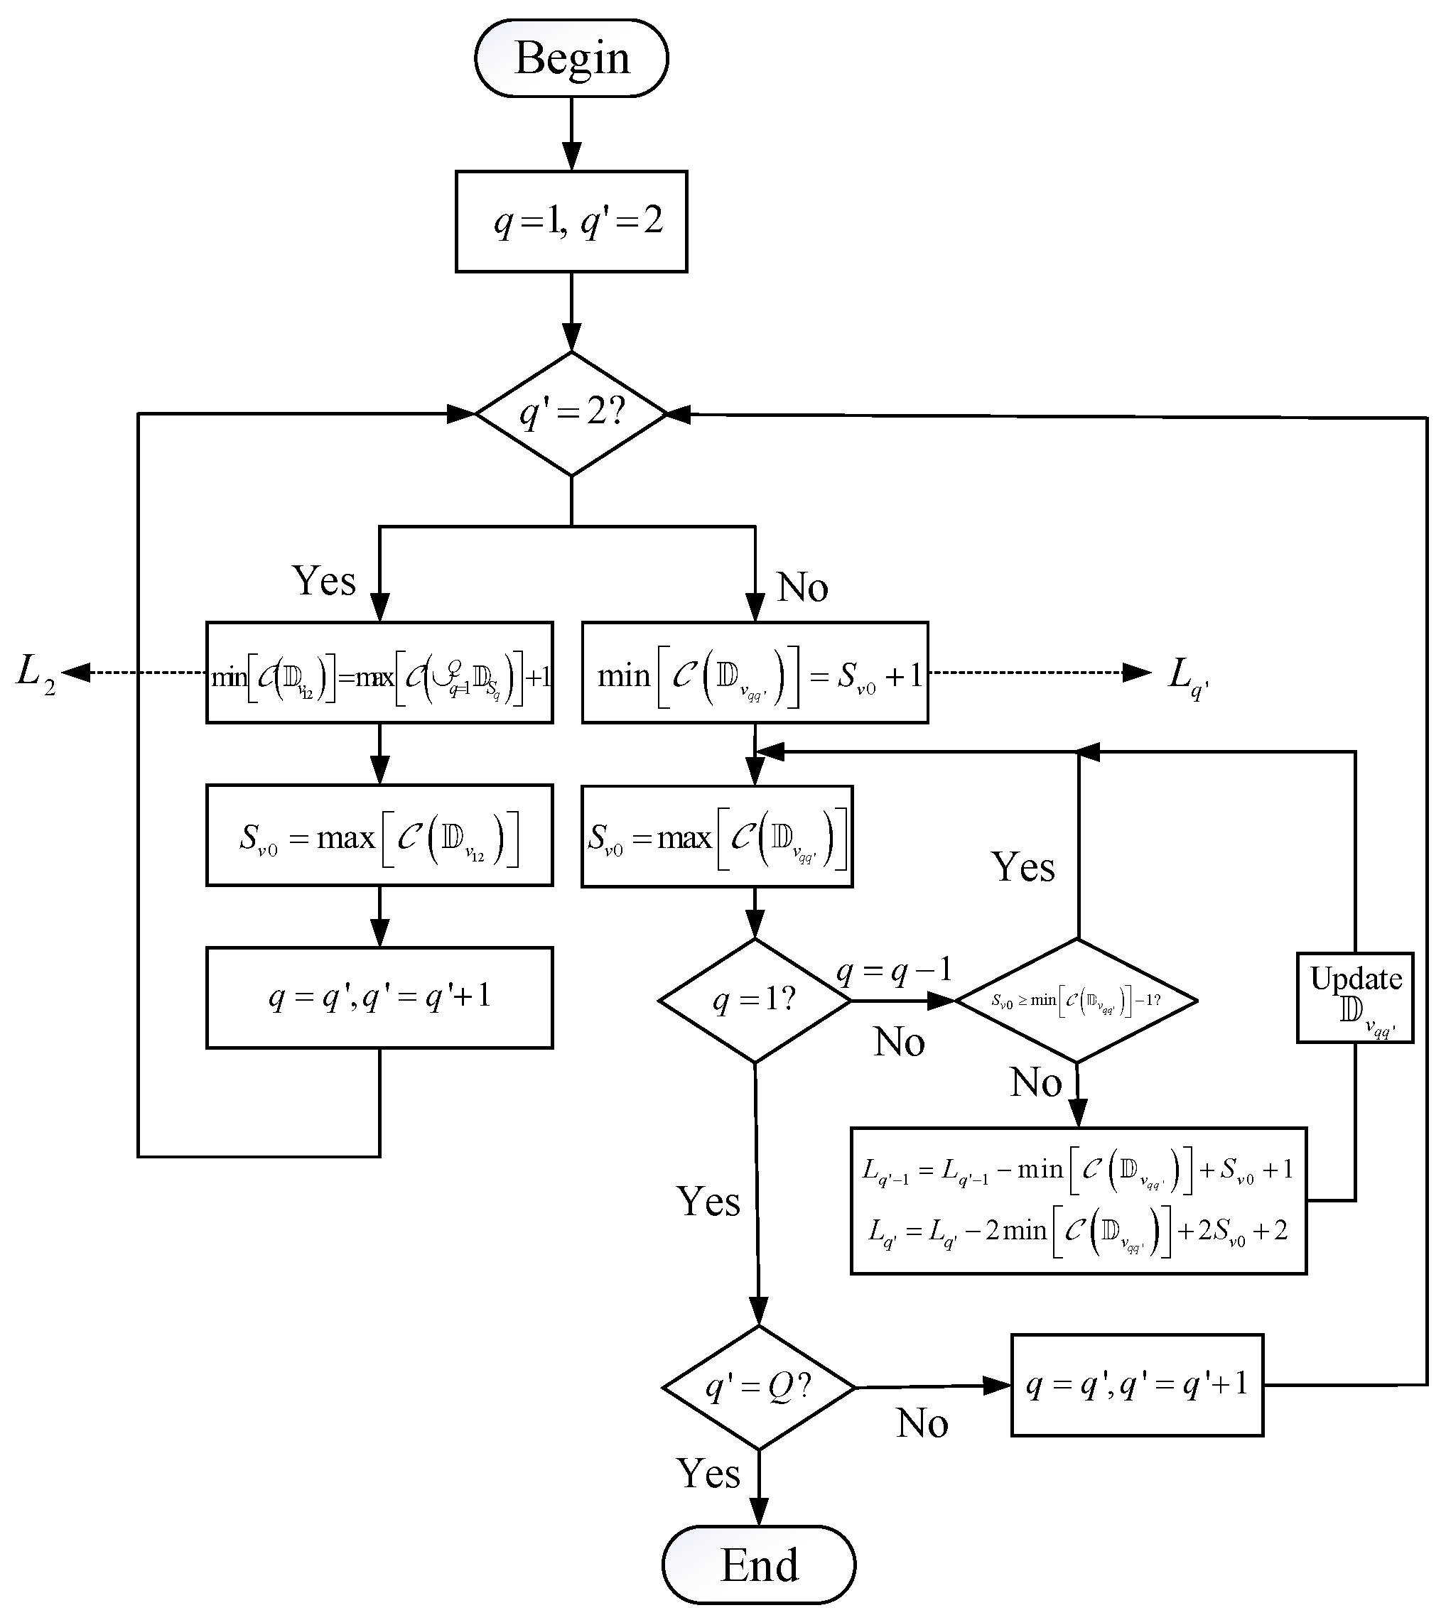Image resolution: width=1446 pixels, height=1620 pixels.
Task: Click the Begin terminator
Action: point(571,59)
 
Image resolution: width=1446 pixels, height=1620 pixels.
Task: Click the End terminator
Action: point(759,1565)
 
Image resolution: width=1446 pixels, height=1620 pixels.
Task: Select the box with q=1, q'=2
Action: point(571,222)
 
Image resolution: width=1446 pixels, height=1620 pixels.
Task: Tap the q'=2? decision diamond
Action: point(571,414)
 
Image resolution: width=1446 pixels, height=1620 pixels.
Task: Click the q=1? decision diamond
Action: point(755,1001)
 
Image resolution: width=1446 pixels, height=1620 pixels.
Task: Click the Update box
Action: point(1354,997)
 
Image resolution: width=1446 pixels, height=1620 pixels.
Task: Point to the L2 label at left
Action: point(36,673)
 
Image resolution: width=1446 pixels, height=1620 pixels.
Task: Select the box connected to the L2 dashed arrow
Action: point(379,673)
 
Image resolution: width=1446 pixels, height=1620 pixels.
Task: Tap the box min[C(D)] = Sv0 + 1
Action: point(755,673)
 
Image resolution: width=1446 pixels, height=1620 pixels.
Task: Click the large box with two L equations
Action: point(1078,1201)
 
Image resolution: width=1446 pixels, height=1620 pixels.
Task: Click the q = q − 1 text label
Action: point(894,969)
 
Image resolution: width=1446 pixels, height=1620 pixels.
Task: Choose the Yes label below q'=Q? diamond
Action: point(708,1474)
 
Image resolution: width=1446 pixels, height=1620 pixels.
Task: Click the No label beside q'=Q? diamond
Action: point(922,1424)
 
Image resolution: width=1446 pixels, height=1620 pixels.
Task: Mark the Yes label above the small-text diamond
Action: point(1023,866)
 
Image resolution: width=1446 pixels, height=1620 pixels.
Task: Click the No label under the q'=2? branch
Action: point(802,587)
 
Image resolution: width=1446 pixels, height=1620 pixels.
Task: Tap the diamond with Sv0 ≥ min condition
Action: point(1077,1001)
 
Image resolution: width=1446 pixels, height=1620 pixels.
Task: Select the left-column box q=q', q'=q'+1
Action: point(379,997)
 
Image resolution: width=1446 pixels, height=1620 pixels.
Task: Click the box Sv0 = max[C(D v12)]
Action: point(379,835)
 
